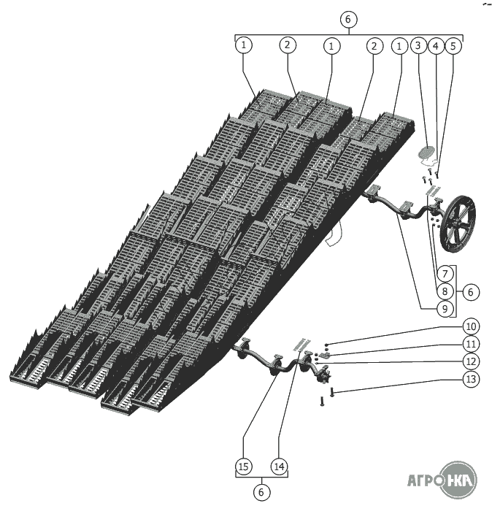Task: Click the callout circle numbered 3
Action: click(x=418, y=45)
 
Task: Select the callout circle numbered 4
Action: click(x=436, y=46)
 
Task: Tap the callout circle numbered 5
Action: click(x=453, y=46)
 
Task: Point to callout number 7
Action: click(x=445, y=273)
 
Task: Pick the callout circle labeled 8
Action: click(x=445, y=291)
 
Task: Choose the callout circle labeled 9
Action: click(x=445, y=309)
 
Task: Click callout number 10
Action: click(x=471, y=326)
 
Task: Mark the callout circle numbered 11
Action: click(x=471, y=344)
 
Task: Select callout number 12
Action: click(x=471, y=361)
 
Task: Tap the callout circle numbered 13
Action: click(x=471, y=379)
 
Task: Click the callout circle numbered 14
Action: click(x=280, y=466)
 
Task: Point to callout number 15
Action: click(x=244, y=466)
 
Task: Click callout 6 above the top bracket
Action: click(x=348, y=19)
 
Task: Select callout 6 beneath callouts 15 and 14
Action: click(x=261, y=492)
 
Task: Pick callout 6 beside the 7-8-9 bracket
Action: click(x=471, y=292)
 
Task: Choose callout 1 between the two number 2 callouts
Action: click(x=331, y=46)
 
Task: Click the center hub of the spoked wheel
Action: click(x=457, y=224)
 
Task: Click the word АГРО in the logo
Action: click(x=424, y=480)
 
